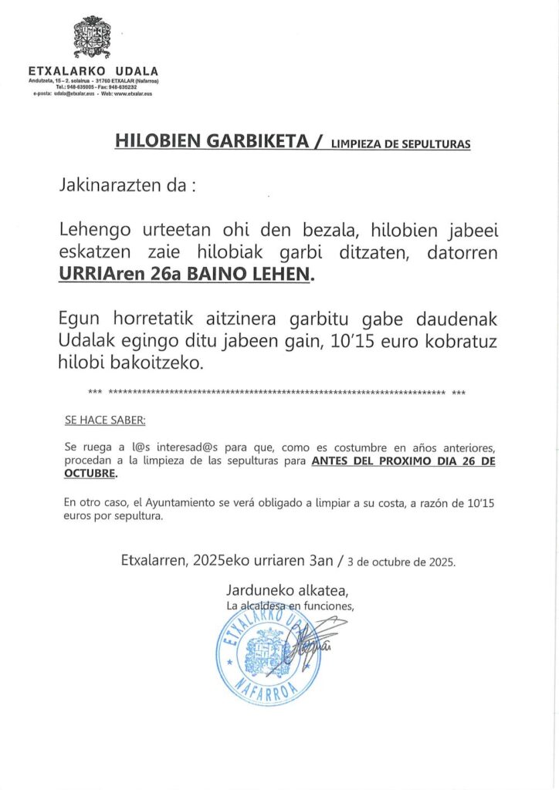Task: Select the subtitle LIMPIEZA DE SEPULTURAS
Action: point(400,143)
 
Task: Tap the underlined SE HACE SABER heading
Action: point(104,421)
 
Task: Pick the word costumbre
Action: point(351,447)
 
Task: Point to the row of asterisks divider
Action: point(277,393)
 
